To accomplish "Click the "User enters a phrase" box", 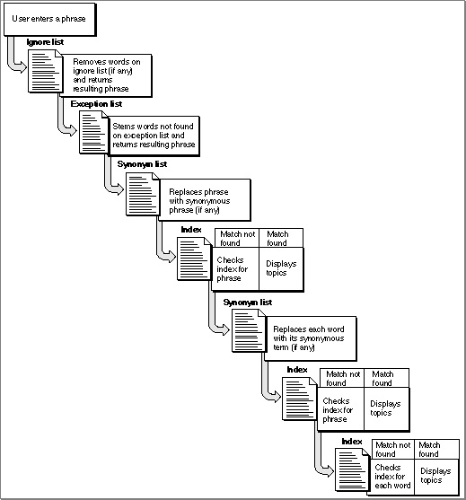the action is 49,20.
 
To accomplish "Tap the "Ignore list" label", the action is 45,42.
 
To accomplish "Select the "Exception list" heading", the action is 96,104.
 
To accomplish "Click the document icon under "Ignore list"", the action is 45,71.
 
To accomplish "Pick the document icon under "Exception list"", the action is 94,132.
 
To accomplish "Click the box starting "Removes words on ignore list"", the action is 107,75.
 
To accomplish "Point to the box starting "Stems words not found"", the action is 154,136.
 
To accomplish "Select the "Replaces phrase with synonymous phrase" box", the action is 205,200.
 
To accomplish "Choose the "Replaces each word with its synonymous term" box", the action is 311,338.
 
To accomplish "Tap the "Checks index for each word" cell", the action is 392,477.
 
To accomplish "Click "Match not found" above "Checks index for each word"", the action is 393,450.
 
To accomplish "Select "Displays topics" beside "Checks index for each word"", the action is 435,476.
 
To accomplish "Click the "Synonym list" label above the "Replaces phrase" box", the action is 142,164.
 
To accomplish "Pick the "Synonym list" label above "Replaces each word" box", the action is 248,303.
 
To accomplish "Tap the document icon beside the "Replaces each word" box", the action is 249,330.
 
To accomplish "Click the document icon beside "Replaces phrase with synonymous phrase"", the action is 143,194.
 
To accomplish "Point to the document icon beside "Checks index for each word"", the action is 352,469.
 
